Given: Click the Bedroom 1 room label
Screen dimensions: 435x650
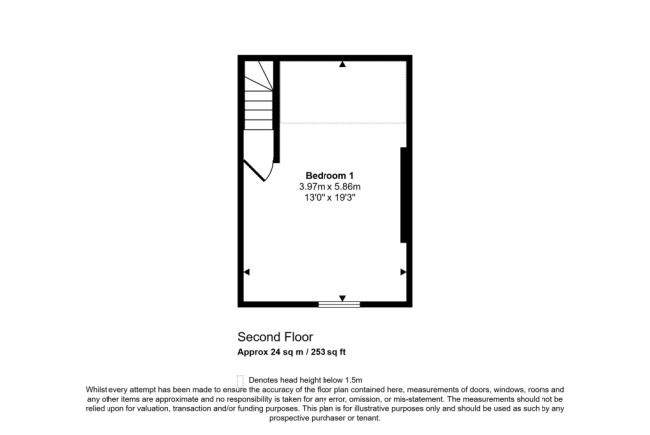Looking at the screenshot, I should point(328,175).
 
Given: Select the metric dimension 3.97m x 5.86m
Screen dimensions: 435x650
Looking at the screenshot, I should point(329,186).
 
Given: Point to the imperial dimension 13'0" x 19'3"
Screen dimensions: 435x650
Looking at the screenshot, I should point(329,198).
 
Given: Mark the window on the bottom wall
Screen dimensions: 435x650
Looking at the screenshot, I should point(339,304).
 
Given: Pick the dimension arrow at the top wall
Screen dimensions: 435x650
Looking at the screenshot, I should point(342,65).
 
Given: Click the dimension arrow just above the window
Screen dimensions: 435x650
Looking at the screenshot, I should point(342,297).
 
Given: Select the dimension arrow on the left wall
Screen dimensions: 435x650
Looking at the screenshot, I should point(247,272).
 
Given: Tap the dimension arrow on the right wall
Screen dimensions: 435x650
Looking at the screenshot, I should point(403,272).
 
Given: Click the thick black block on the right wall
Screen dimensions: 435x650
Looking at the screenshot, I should point(404,195).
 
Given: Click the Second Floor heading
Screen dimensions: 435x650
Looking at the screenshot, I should point(269,336).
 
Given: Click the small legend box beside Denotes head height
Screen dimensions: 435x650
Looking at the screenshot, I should point(240,379).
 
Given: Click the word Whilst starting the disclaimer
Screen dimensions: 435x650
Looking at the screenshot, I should point(97,390).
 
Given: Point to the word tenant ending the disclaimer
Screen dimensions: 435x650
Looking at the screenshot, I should point(360,418).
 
